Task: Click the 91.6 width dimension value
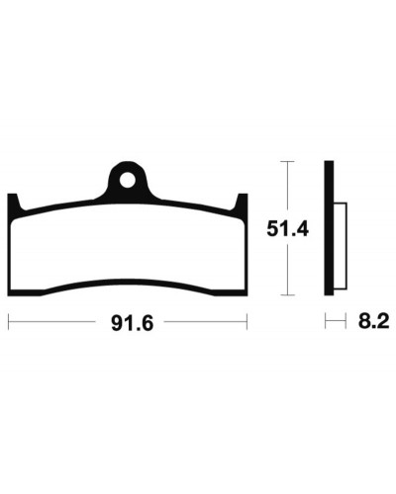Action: pyautogui.click(x=133, y=323)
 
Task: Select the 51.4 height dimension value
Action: pyautogui.click(x=287, y=228)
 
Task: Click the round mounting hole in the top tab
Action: pyautogui.click(x=128, y=180)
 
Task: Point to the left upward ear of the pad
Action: pyautogui.click(x=13, y=202)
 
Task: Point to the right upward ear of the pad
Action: pyautogui.click(x=242, y=202)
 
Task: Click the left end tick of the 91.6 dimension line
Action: pyautogui.click(x=9, y=321)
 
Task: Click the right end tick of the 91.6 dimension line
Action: pyautogui.click(x=247, y=321)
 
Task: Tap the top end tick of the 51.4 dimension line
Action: pyautogui.click(x=287, y=161)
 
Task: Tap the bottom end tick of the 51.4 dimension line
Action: pyautogui.click(x=287, y=295)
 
